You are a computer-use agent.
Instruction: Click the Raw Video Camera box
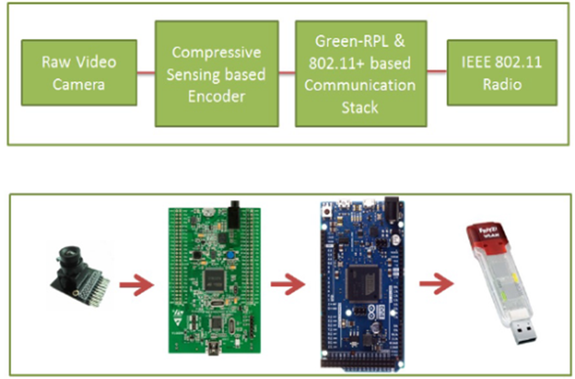[x=79, y=73]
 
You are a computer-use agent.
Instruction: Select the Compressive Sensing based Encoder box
[x=216, y=74]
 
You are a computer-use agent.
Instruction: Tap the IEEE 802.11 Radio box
[x=502, y=73]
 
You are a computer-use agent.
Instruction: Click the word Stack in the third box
[x=360, y=107]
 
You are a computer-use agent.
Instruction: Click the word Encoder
[x=216, y=96]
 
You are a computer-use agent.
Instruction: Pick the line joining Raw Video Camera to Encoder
[x=146, y=73]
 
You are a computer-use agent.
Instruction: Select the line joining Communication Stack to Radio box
[x=436, y=72]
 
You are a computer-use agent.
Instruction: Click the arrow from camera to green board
[x=136, y=285]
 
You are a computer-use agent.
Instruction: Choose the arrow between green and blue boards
[x=288, y=285]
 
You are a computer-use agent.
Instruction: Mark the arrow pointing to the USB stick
[x=436, y=285]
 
